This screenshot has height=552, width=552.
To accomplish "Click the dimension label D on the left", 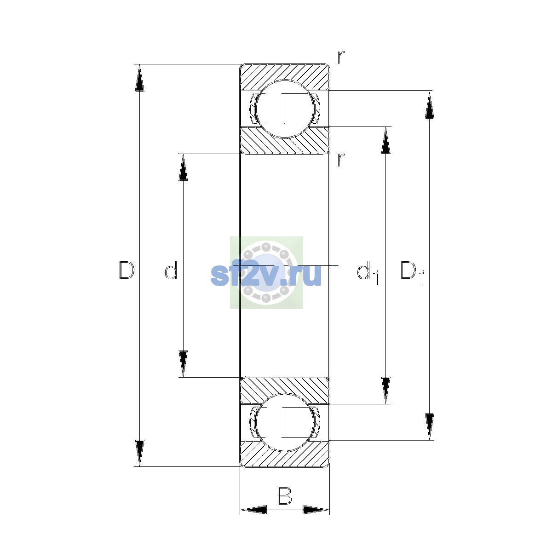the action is click(126, 270).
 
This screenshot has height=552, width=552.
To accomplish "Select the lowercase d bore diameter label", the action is click(171, 270).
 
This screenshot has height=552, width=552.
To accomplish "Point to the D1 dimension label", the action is click(412, 272).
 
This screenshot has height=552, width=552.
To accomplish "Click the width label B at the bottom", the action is click(284, 496).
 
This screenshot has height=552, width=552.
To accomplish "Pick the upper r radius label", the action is click(341, 57).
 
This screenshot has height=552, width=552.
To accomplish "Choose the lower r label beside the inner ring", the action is click(341, 160).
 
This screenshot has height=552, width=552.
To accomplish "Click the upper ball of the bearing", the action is click(285, 109).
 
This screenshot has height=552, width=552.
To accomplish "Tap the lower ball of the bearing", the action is click(285, 423).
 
